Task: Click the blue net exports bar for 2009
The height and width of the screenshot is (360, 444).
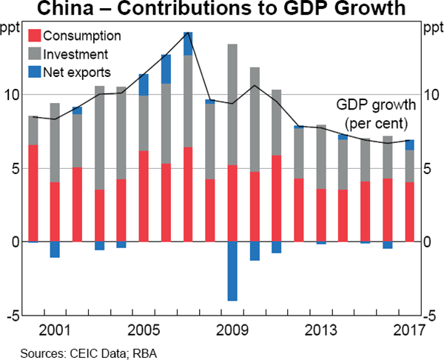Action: pos(232,271)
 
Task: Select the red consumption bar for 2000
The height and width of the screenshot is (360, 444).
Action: pos(33,193)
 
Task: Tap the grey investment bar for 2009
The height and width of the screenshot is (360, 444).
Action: pos(232,104)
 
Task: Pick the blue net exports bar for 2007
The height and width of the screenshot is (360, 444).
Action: pos(188,44)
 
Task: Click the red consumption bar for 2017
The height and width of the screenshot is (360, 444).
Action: pos(409,212)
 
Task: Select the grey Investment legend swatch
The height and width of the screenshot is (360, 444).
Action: pos(34,54)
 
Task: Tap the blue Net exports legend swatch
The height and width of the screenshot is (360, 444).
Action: pos(34,72)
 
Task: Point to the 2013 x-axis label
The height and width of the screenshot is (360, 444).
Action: pos(321,330)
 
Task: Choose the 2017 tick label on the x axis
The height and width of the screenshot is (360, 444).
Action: pos(409,330)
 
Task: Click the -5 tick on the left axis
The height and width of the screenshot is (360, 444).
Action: pos(10,316)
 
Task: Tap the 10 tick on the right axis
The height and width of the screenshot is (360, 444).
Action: pos(431,94)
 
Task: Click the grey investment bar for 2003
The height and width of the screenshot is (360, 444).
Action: pos(99,138)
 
